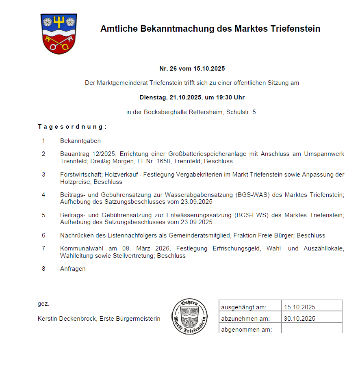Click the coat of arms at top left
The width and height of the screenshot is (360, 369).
59,34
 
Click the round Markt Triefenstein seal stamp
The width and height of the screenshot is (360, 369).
190,317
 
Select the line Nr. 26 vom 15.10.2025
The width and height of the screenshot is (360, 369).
192,69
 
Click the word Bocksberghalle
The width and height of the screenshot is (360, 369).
165,112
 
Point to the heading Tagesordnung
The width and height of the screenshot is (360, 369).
72,127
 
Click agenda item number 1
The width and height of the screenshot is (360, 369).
43,141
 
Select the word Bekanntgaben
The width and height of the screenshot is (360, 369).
80,141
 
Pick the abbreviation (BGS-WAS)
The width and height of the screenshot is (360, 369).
252,194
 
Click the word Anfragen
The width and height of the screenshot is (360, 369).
73,269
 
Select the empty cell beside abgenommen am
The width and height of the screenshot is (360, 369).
312,329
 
